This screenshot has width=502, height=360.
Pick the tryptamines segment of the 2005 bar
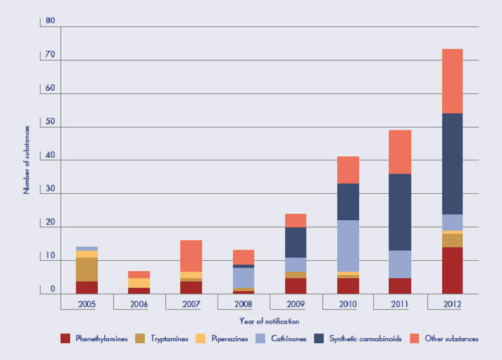coord(87,269)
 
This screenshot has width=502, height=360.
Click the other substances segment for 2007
coord(191,256)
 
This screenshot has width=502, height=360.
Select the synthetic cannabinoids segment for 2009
coord(295,242)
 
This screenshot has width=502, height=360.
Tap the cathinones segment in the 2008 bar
coord(243,278)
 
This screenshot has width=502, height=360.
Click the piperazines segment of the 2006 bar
coord(139,283)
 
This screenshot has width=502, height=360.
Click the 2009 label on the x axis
coord(295,301)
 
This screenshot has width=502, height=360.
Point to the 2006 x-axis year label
coord(139,301)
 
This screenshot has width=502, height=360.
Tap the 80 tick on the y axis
coord(50,21)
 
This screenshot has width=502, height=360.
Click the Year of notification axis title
coord(270,321)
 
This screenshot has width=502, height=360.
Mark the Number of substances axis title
coord(27,160)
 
